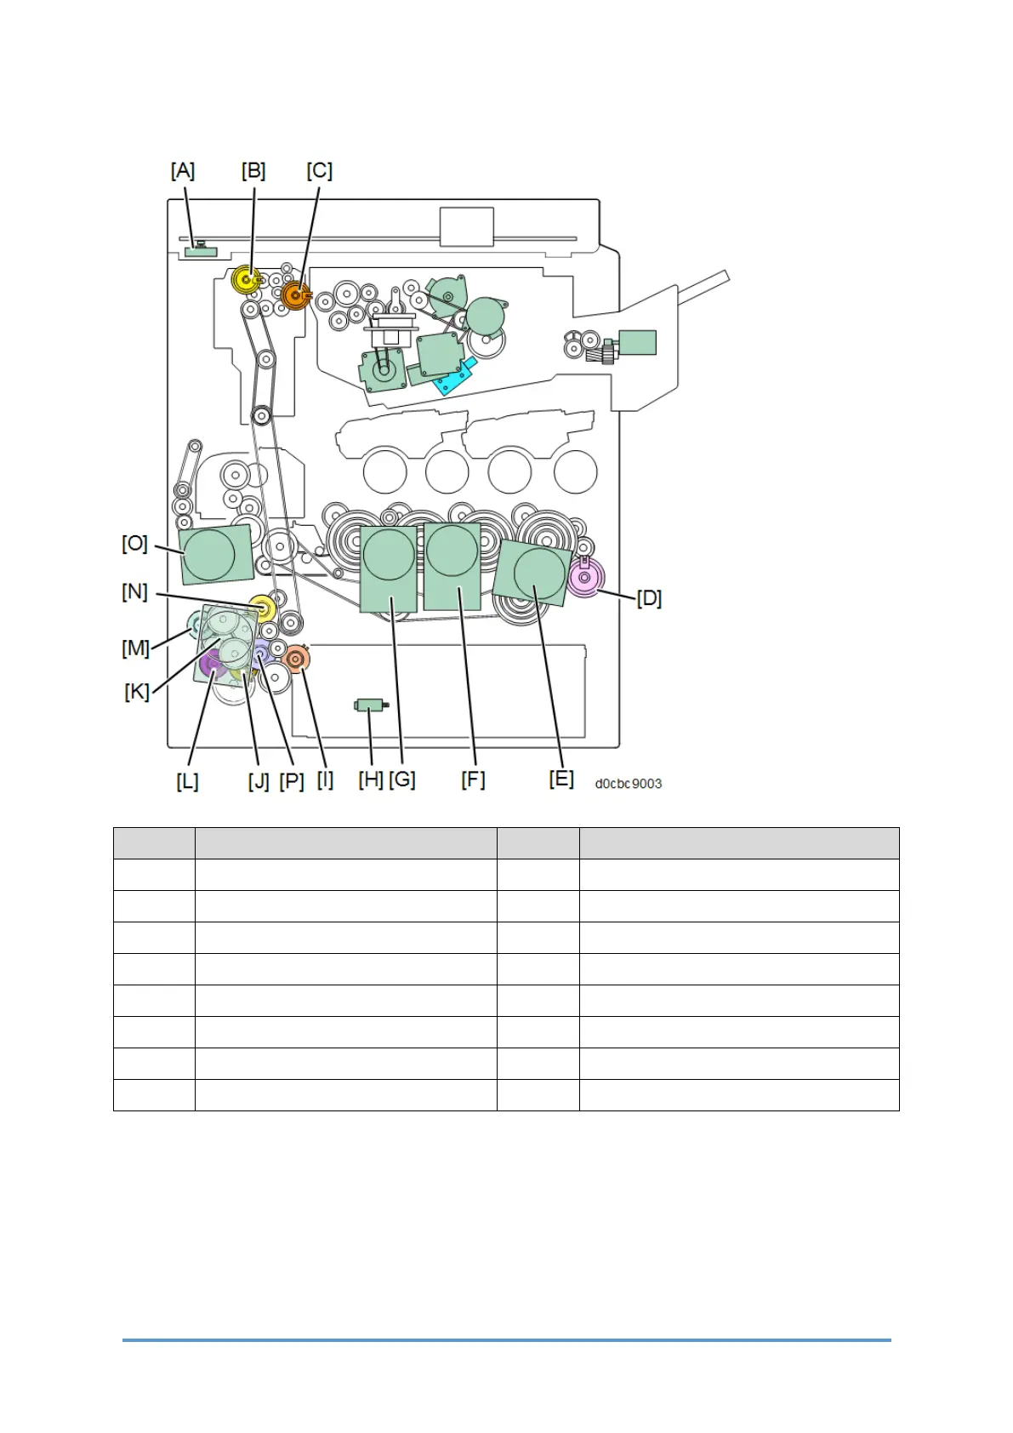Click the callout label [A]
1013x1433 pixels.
coord(182,171)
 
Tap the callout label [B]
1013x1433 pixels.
coord(253,171)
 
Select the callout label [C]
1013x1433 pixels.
coord(319,171)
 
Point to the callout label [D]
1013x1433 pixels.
coord(649,599)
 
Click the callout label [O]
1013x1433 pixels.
coord(135,544)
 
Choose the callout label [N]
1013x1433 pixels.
coord(134,591)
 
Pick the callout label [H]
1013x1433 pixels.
coord(371,779)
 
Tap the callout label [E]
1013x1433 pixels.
coord(561,779)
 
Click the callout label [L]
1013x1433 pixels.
coord(187,781)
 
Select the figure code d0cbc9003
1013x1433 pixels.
coord(628,784)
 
